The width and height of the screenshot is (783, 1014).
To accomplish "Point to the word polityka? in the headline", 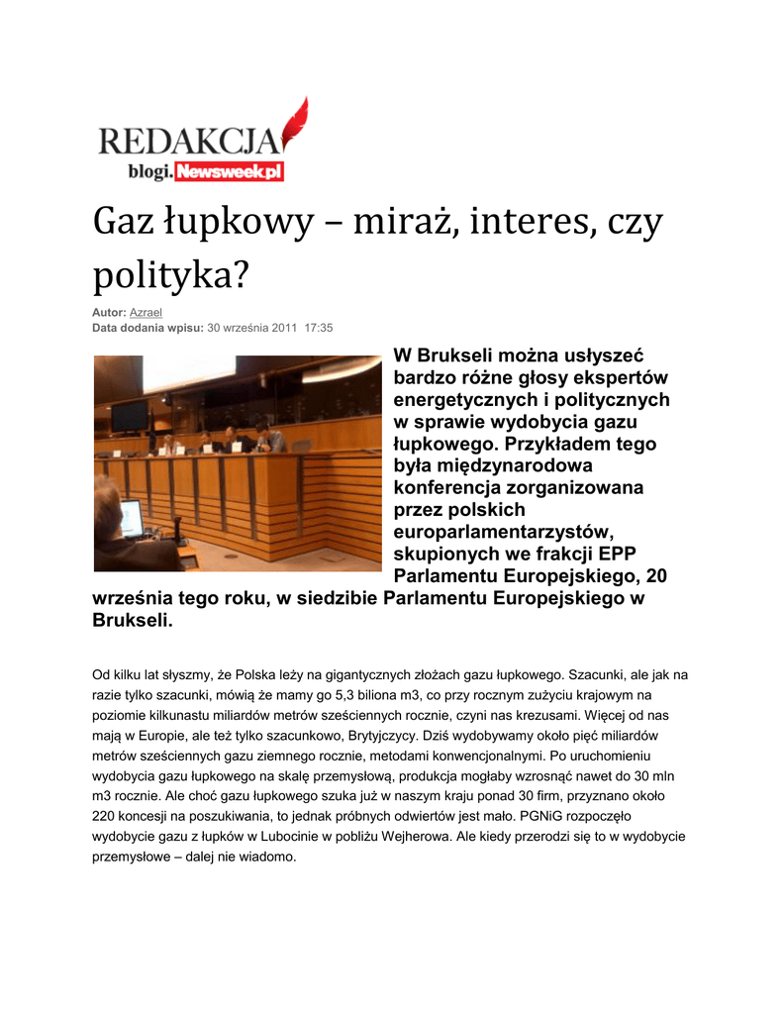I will (x=169, y=276).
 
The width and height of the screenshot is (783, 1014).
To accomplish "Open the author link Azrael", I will (x=146, y=312).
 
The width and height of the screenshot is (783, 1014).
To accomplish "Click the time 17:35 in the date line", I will (x=318, y=327).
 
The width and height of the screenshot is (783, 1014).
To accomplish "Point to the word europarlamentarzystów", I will (x=504, y=531).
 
